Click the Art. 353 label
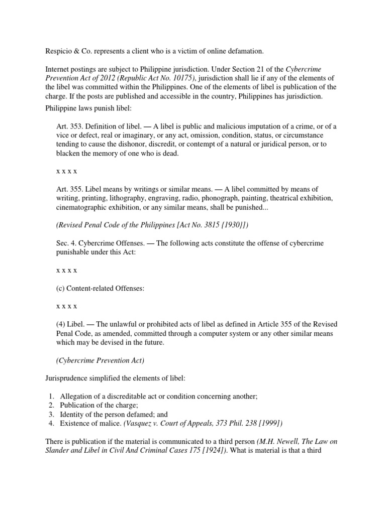(x=68, y=126)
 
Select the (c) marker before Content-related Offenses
(x=61, y=288)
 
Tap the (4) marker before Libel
(x=61, y=325)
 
